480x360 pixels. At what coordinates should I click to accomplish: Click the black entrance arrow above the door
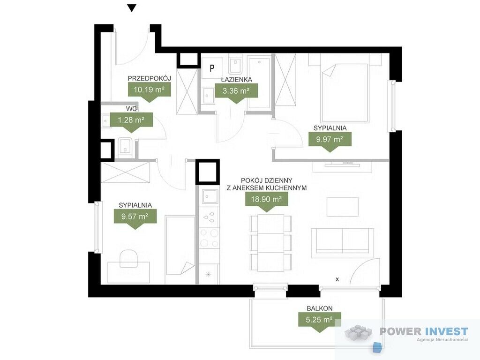click(132, 8)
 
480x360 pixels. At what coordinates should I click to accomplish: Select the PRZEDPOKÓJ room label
click(149, 78)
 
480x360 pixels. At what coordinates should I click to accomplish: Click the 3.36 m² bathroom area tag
click(236, 93)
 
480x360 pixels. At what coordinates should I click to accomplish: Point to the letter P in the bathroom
click(212, 68)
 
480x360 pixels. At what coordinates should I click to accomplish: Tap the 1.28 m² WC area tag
click(131, 122)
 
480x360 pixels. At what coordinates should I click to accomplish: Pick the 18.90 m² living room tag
click(267, 202)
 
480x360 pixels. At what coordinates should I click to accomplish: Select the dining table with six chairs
click(270, 243)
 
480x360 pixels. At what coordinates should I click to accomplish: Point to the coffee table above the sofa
click(342, 207)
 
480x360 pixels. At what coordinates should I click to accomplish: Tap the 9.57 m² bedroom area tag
click(135, 219)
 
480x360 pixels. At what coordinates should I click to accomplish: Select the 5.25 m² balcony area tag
click(320, 322)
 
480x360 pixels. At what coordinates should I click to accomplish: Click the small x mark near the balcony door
click(337, 279)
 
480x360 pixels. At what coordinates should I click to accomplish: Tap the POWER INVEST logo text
click(424, 331)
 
